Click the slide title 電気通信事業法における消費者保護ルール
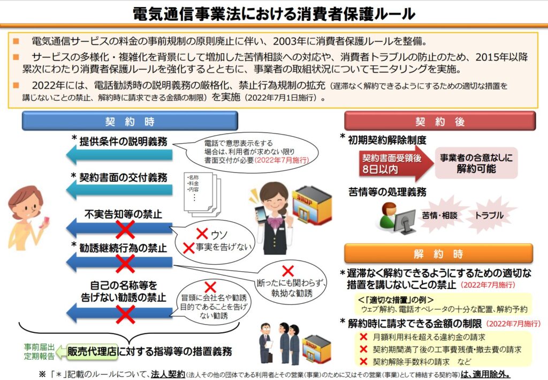(x=273, y=13)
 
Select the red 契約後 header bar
(x=439, y=121)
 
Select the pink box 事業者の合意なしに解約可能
(x=476, y=163)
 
